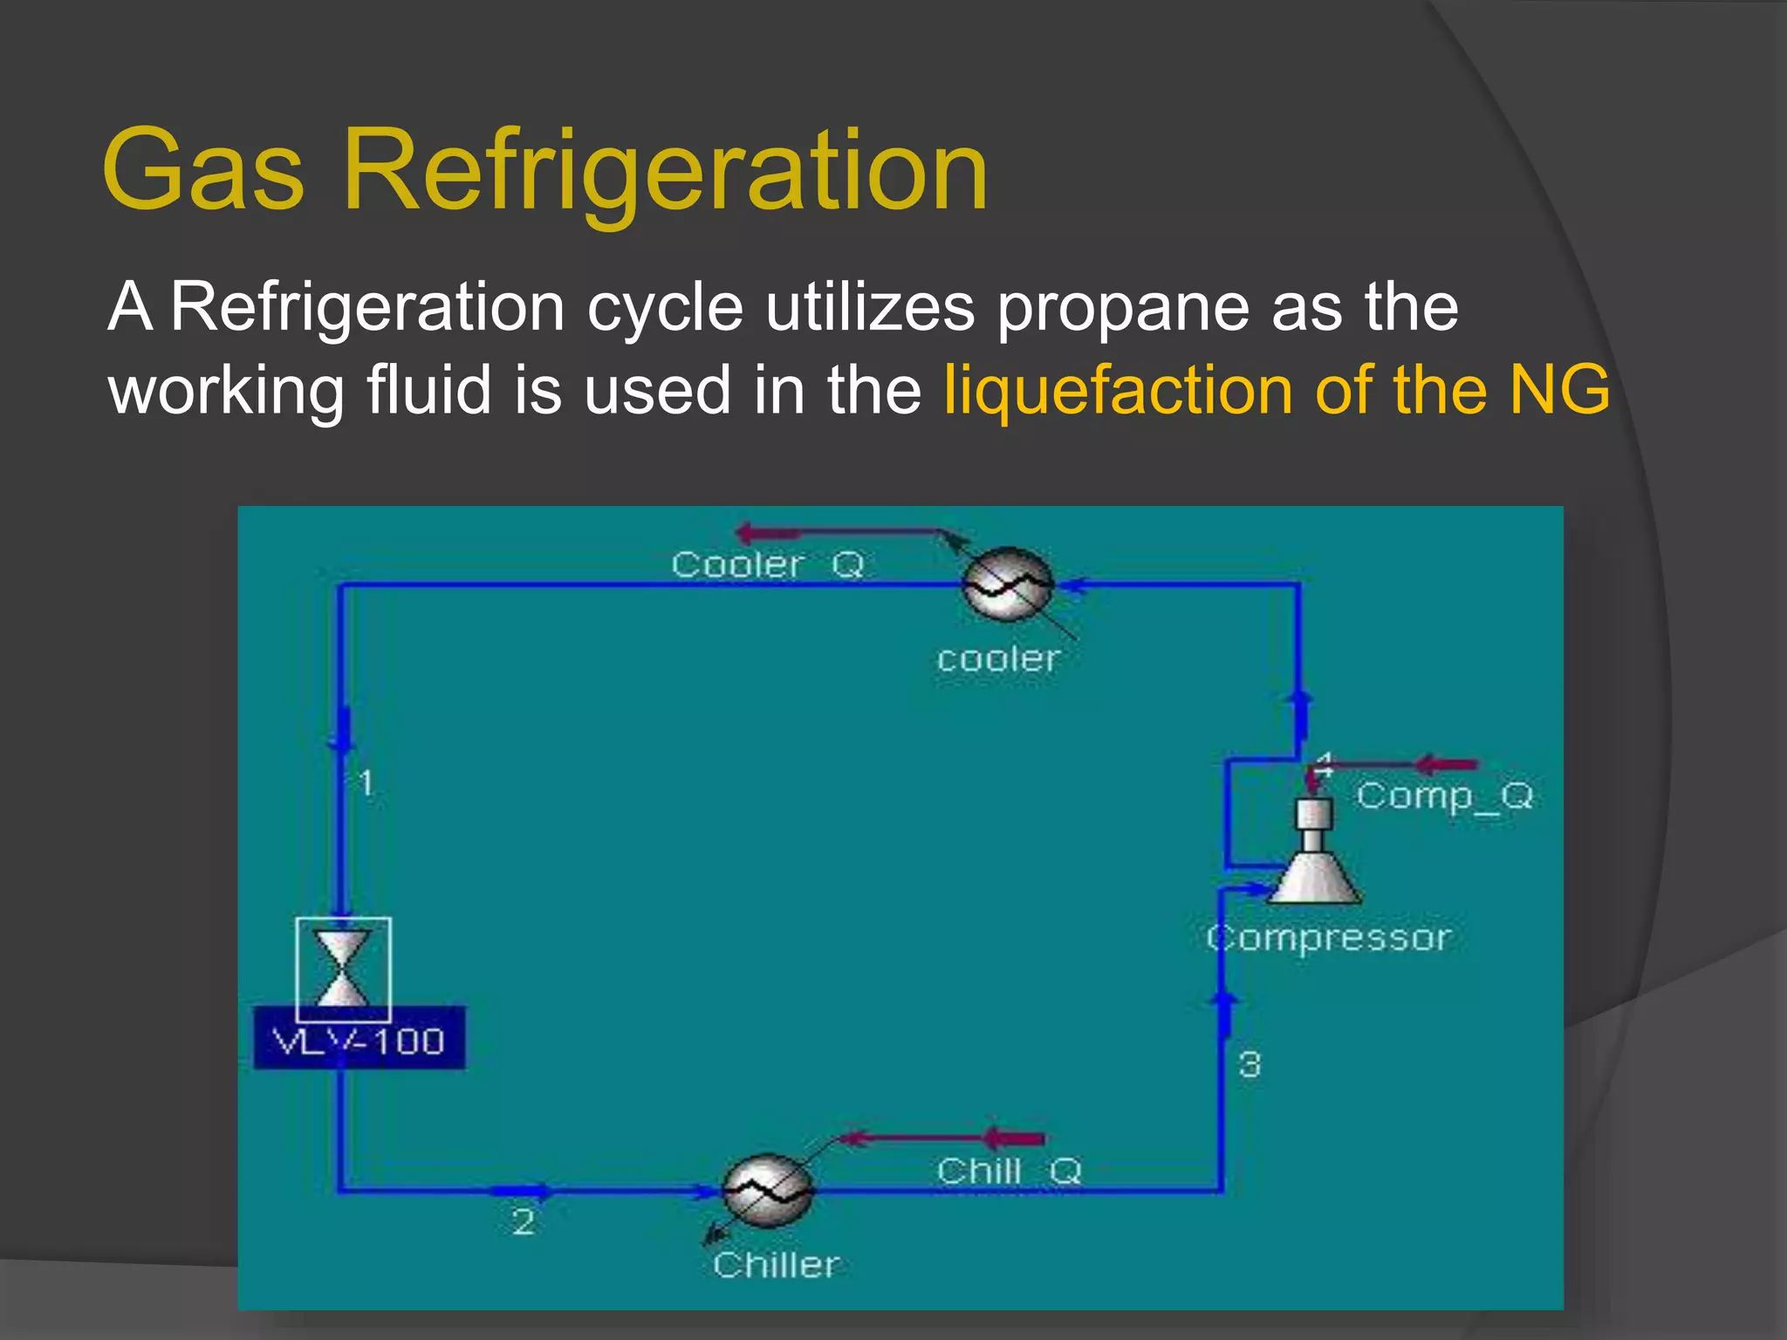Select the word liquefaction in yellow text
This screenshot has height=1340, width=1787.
pos(1118,389)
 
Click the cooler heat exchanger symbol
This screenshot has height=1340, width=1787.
pos(1007,584)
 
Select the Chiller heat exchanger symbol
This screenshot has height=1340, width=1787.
pos(768,1191)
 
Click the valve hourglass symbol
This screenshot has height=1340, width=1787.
pos(342,968)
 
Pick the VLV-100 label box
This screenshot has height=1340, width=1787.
pos(359,1041)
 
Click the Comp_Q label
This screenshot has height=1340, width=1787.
pos(1444,796)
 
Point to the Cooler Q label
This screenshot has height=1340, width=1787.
pos(767,565)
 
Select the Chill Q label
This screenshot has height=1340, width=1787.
pos(1009,1171)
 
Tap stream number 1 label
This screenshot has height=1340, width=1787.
pos(366,783)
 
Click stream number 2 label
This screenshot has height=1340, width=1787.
pos(523,1222)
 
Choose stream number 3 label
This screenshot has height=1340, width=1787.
pos(1250,1065)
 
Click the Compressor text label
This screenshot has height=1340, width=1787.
pos(1329,939)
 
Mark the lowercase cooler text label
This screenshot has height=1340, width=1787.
pos(998,660)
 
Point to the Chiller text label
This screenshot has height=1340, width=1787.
pos(776,1265)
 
